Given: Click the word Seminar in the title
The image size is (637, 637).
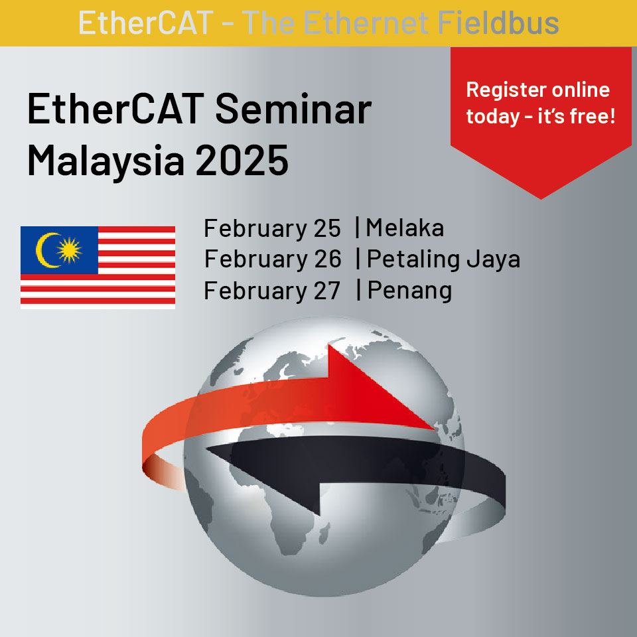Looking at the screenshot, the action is click(293, 108).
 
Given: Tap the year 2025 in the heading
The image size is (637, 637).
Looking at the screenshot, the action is click(242, 160).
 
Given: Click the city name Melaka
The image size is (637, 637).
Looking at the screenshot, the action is click(405, 228).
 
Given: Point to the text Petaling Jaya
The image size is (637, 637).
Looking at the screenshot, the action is click(444, 260).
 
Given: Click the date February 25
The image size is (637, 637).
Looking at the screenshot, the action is click(272, 229).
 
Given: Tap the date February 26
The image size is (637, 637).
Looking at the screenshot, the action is click(273, 260).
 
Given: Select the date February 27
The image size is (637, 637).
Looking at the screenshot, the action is click(272, 291).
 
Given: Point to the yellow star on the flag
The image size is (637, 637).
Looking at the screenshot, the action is click(69, 250).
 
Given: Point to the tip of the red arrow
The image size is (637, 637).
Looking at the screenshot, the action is click(434, 428).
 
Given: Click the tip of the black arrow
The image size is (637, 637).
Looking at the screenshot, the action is click(206, 449).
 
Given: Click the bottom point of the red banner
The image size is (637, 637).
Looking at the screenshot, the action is click(541, 199).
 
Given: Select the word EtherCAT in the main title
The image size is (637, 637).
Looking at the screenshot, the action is click(115, 108).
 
